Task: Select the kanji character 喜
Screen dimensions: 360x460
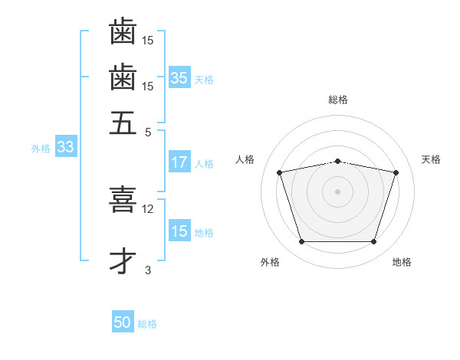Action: pyautogui.click(x=123, y=198)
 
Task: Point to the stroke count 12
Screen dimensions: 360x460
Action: pyautogui.click(x=148, y=208)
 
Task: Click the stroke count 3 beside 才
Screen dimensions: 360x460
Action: pyautogui.click(x=148, y=270)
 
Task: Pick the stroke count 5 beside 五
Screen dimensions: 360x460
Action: pyautogui.click(x=148, y=132)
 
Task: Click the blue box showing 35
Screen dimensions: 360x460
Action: pyautogui.click(x=179, y=78)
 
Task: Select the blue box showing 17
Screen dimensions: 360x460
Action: pyautogui.click(x=179, y=162)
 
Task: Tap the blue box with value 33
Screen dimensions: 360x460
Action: pyautogui.click(x=64, y=148)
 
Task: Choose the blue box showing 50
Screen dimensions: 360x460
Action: pyautogui.click(x=123, y=322)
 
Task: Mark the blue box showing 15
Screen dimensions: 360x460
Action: pyautogui.click(x=179, y=231)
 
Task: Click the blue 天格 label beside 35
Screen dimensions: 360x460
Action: pyautogui.click(x=203, y=80)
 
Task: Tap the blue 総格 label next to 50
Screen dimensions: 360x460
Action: pyautogui.click(x=147, y=324)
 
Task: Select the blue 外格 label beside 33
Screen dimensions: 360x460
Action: pyautogui.click(x=41, y=149)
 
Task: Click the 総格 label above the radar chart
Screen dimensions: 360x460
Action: pyautogui.click(x=337, y=100)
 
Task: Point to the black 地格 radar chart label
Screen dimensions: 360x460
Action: pyautogui.click(x=402, y=262)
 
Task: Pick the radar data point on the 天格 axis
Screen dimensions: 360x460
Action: pyautogui.click(x=396, y=172)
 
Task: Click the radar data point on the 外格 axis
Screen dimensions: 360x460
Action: pyautogui.click(x=301, y=242)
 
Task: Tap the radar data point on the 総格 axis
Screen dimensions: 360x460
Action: pyautogui.click(x=337, y=161)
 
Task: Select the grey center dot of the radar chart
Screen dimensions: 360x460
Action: pyautogui.click(x=337, y=191)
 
